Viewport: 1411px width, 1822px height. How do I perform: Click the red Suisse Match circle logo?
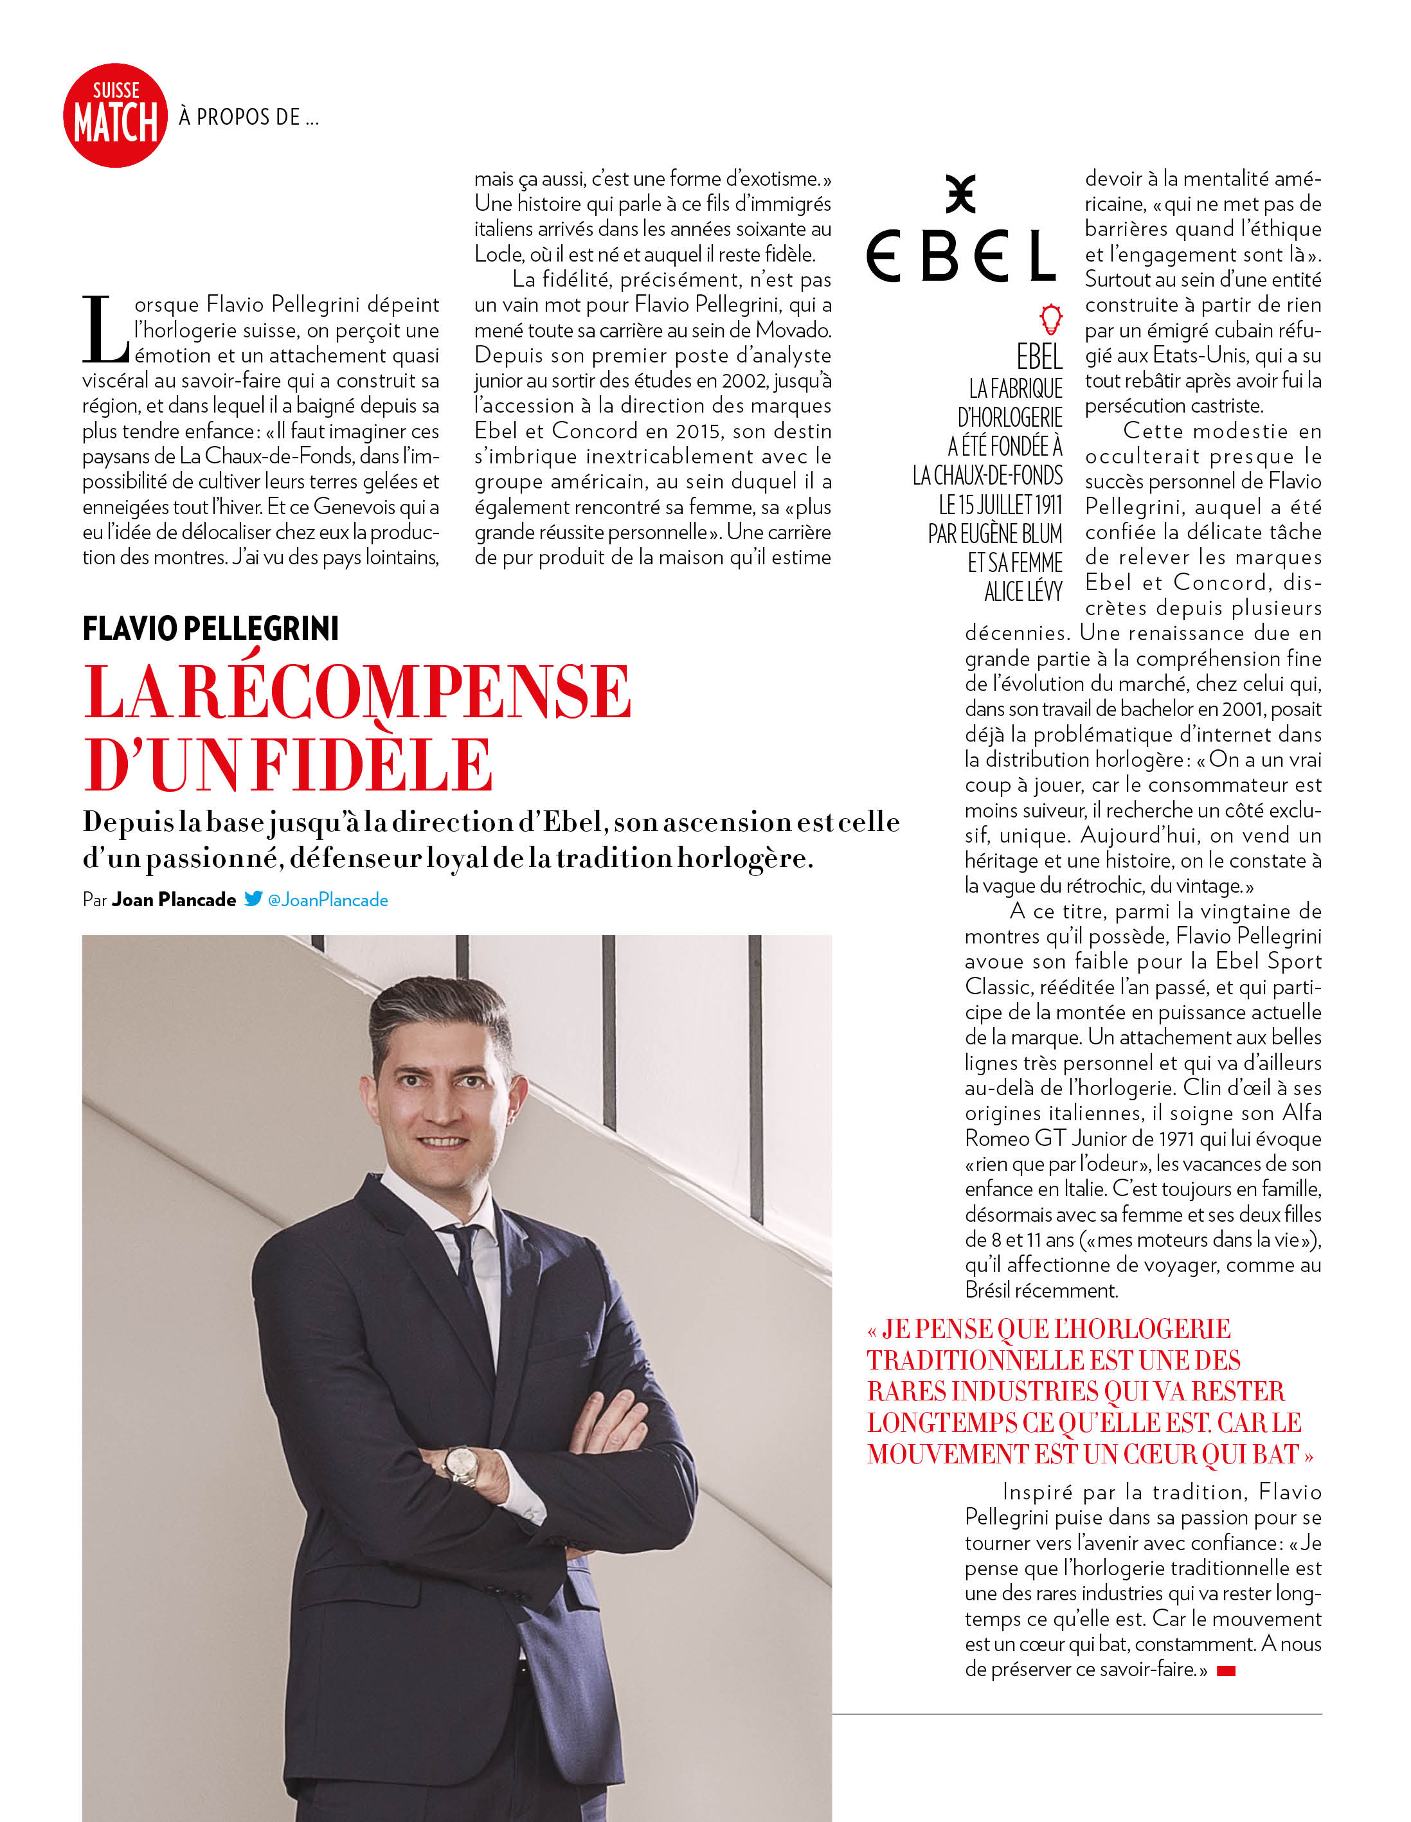[x=115, y=115]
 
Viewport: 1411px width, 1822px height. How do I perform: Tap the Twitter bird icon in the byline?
[x=253, y=898]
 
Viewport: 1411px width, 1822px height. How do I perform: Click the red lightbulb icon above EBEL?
[x=1050, y=319]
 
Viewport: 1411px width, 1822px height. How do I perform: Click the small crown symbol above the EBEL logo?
[x=960, y=193]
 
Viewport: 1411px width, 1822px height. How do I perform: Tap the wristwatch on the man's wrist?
[x=461, y=1463]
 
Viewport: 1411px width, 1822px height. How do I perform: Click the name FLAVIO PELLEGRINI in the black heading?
[x=210, y=628]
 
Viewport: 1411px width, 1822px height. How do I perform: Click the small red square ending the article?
[x=1226, y=1670]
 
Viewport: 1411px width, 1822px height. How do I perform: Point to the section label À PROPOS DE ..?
[x=249, y=117]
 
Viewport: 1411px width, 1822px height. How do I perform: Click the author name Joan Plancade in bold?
[x=174, y=899]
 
